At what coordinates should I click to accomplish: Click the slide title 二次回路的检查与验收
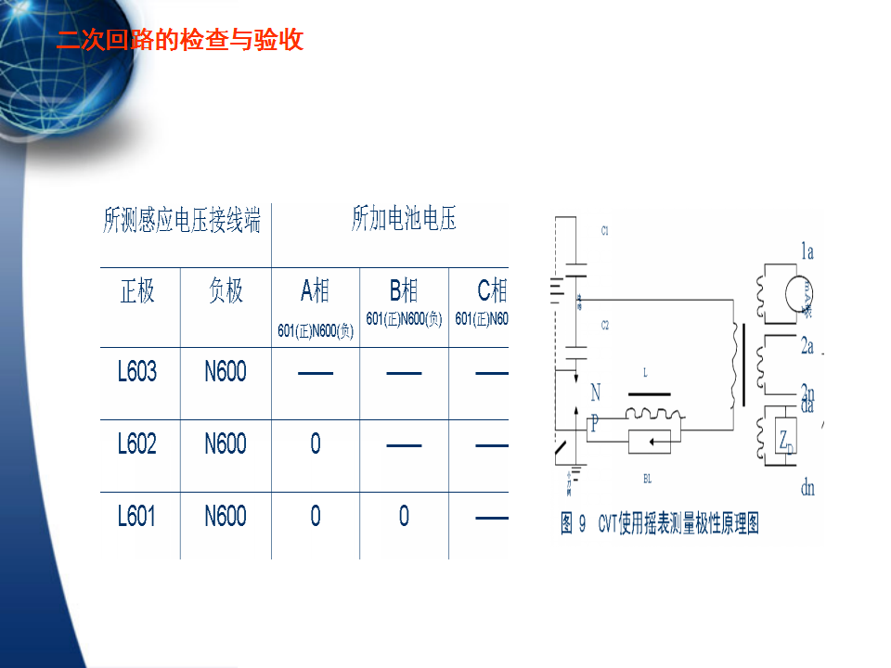click(179, 41)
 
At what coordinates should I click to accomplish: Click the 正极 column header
click(137, 291)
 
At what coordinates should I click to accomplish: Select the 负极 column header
click(226, 291)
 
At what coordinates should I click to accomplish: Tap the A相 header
click(315, 291)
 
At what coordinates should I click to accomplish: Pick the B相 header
click(404, 291)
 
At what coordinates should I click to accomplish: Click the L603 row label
click(137, 372)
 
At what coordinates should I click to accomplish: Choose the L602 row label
click(137, 444)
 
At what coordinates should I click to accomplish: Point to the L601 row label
click(137, 516)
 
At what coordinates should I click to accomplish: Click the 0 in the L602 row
click(316, 444)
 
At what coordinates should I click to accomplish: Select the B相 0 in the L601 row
click(404, 516)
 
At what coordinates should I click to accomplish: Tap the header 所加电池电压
click(404, 221)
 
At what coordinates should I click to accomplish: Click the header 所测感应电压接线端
click(182, 221)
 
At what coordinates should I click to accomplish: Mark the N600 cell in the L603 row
click(226, 372)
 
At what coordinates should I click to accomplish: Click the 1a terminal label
click(807, 250)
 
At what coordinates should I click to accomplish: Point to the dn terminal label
click(807, 487)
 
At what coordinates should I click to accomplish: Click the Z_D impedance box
click(784, 435)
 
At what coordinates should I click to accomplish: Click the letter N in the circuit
click(595, 393)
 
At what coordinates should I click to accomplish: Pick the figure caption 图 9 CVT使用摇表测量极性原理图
click(660, 524)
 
